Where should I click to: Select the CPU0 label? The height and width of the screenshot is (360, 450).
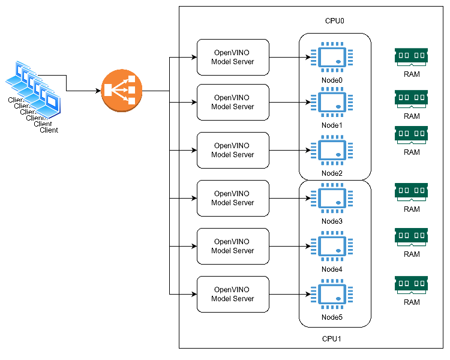click(334, 21)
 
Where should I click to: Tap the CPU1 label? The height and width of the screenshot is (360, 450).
click(332, 339)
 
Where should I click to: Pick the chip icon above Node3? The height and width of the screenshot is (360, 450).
click(332, 200)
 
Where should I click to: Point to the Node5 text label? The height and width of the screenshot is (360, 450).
click(332, 317)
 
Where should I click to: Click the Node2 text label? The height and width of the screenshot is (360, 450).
click(332, 173)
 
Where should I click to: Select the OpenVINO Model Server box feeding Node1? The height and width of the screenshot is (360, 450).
click(233, 102)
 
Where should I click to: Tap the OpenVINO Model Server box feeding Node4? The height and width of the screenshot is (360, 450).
click(233, 246)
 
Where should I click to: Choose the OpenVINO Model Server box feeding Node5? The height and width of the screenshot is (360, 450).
click(233, 294)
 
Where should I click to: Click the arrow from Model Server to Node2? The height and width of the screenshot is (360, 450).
click(290, 150)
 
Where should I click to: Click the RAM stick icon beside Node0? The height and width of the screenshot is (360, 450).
click(412, 56)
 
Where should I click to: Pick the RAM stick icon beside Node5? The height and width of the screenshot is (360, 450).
click(412, 284)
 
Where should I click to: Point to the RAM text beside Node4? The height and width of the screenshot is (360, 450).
click(412, 254)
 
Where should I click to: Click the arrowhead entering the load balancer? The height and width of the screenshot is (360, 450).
click(98, 91)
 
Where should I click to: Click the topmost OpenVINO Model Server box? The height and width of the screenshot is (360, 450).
click(233, 58)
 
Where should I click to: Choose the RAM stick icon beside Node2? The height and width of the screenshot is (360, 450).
click(412, 134)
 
